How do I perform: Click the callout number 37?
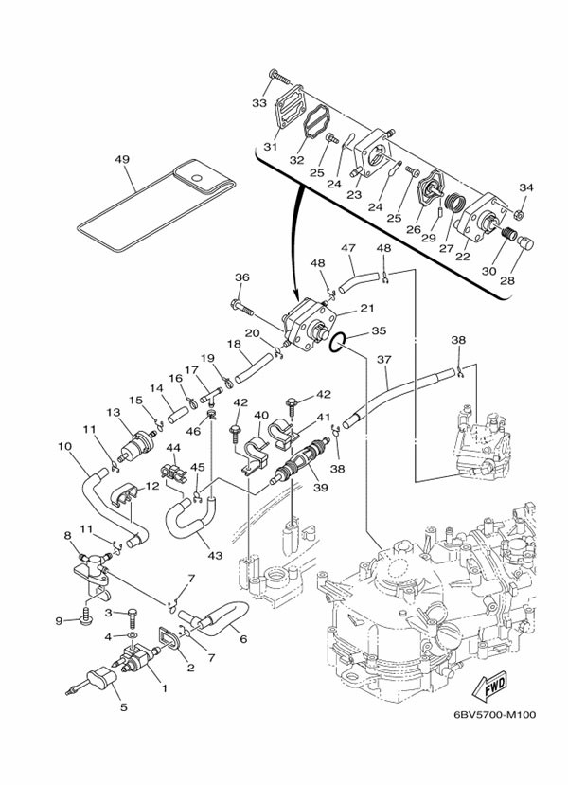(x=384, y=360)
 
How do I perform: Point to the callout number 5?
(x=120, y=705)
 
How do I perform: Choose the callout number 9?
(x=58, y=620)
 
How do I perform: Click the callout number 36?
(x=241, y=277)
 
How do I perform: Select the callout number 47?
(x=348, y=249)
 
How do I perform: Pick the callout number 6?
(x=243, y=639)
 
